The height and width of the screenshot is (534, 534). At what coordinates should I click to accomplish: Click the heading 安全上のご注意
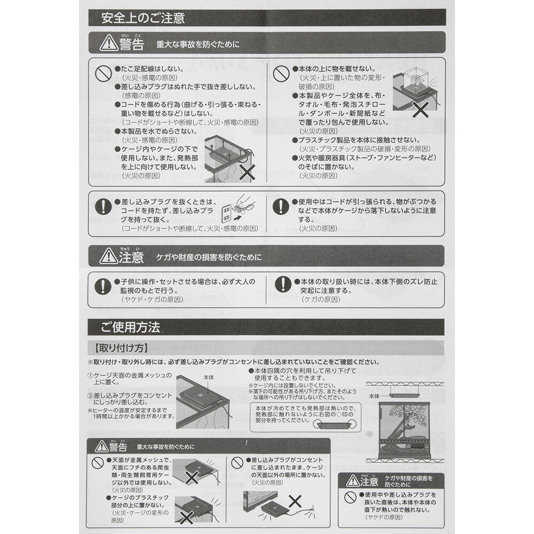(x=143, y=18)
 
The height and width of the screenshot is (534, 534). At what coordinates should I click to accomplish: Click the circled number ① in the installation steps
(x=90, y=375)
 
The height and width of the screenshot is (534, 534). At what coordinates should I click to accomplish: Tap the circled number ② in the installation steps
(x=90, y=395)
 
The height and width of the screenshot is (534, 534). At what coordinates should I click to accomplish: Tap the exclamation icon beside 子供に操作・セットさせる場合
(x=102, y=285)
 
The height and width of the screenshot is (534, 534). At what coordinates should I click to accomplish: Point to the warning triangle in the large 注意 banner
(x=108, y=257)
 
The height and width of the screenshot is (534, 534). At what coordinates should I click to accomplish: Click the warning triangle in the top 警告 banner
(x=108, y=43)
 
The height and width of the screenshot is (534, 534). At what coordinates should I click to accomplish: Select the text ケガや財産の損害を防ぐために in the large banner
(x=209, y=257)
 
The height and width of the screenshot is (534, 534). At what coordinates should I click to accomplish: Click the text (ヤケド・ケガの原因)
(x=147, y=300)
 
